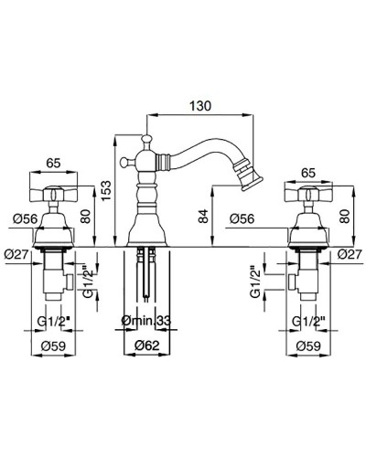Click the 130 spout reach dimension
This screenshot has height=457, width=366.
pyautogui.click(x=200, y=106)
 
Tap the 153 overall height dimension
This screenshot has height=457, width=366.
pyautogui.click(x=106, y=191)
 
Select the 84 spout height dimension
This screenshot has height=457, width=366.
pyautogui.click(x=204, y=216)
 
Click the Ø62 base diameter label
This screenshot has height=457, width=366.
pyautogui.click(x=148, y=345)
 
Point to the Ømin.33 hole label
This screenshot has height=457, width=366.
pyautogui.click(x=146, y=321)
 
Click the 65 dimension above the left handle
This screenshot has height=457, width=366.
pyautogui.click(x=53, y=163)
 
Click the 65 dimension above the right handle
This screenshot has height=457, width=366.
pyautogui.click(x=308, y=173)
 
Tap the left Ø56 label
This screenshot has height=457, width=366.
pyautogui.click(x=26, y=218)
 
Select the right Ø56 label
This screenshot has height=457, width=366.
pyautogui.click(x=242, y=218)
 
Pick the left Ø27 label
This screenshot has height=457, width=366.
pyautogui.click(x=16, y=254)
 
